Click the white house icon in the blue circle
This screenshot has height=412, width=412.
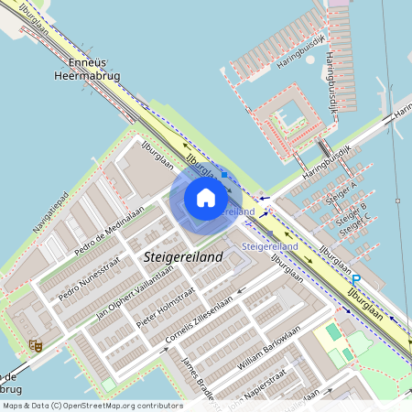tap(206, 198)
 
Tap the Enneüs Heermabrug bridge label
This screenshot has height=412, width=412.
tap(89, 70)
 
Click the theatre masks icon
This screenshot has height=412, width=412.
tap(36, 345)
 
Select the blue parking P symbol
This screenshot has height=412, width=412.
tap(356, 279)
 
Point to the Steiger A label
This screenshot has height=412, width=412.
tap(341, 193)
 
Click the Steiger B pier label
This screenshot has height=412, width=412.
tap(351, 212)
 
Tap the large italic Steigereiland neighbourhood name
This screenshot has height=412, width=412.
tap(184, 258)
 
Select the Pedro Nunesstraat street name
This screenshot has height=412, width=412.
tap(88, 283)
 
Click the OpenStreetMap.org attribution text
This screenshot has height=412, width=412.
tap(92, 406)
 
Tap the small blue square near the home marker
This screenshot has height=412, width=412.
tap(223, 172)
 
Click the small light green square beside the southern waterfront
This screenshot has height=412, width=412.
tap(109, 384)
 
